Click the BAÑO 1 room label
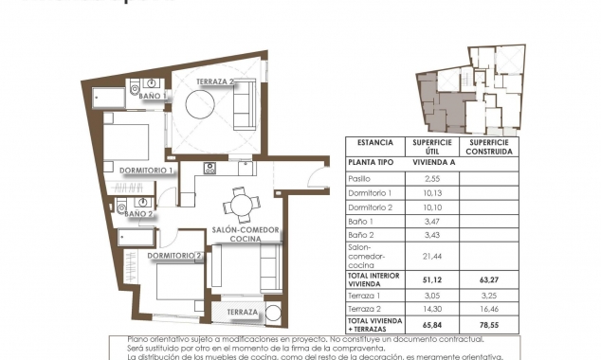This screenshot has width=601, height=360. pos(152,96)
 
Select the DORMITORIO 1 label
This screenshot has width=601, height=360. pos(146,171)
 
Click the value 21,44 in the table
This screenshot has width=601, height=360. pos(430,256)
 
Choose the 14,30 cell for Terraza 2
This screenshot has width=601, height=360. pos(430,308)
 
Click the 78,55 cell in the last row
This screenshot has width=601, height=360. pos(488,323)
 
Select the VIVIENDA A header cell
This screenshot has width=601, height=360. pos(430,162)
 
